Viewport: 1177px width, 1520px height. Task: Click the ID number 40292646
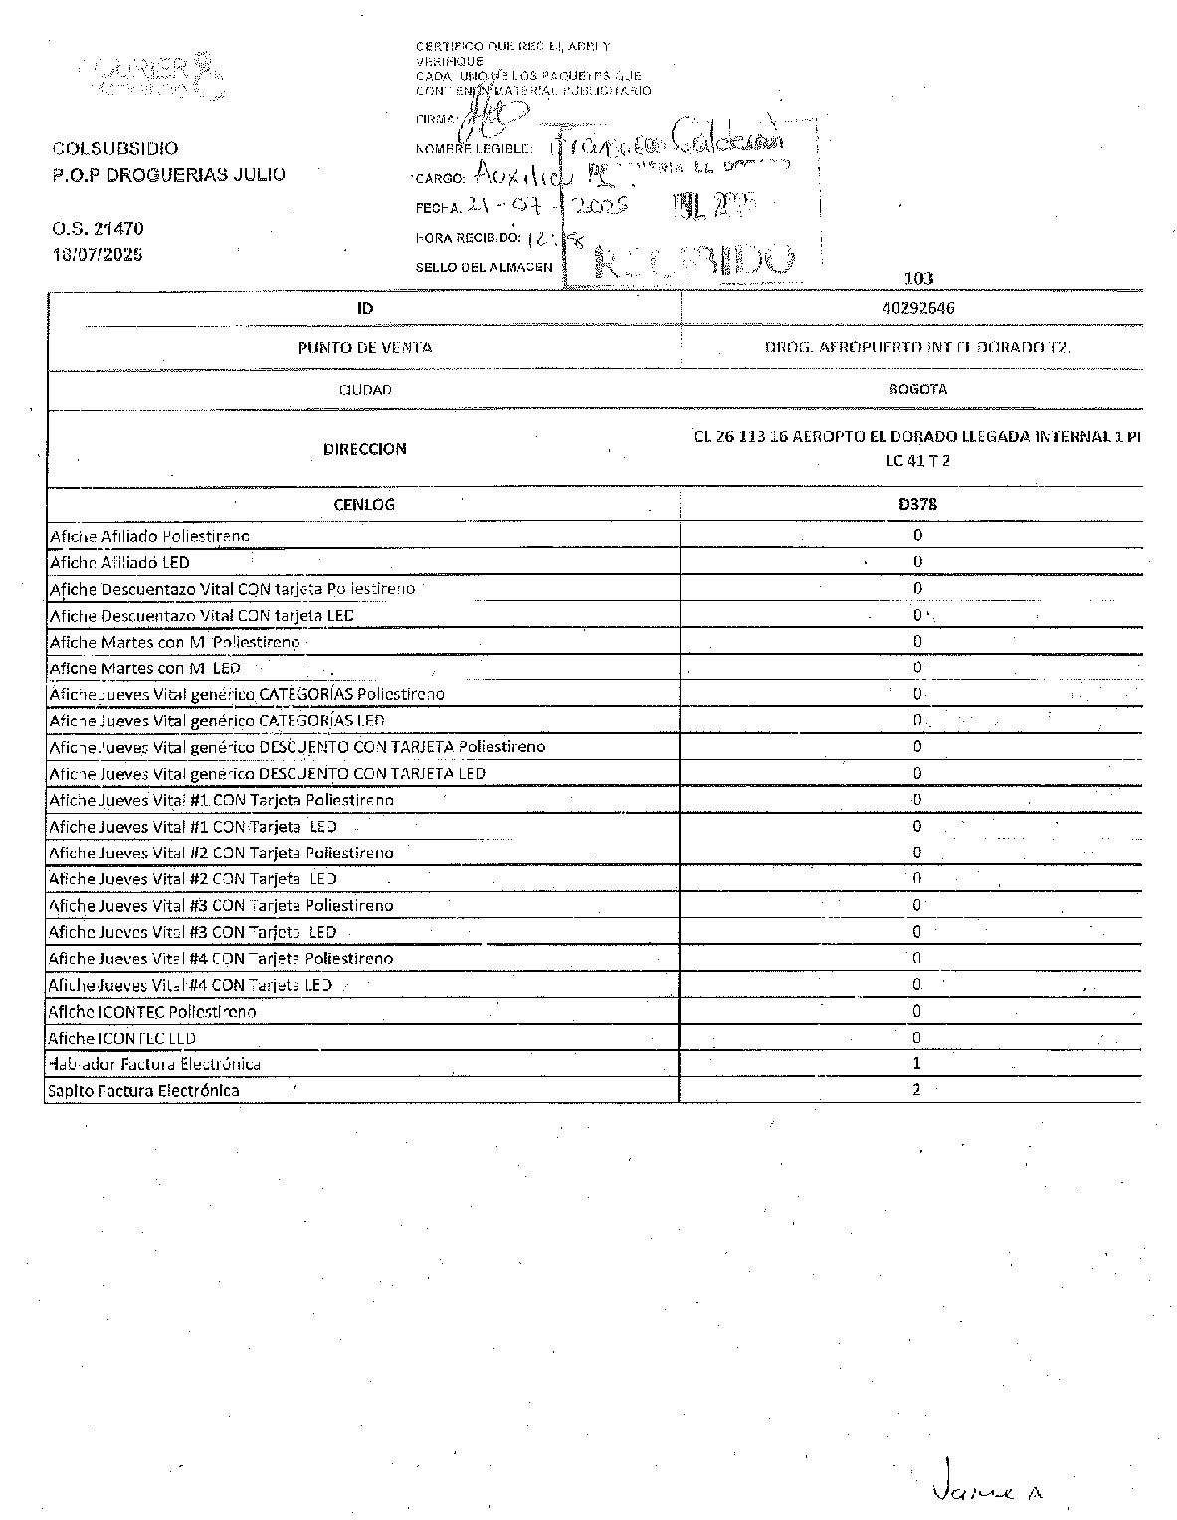pos(917,308)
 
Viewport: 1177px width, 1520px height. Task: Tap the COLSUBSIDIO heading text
pos(115,149)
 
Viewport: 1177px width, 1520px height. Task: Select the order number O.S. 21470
pos(98,229)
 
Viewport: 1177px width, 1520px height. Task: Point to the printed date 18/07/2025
pos(98,254)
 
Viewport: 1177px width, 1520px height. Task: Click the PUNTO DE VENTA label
pos(364,348)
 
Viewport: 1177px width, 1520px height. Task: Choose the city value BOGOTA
pos(917,389)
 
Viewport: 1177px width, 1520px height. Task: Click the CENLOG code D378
pos(917,504)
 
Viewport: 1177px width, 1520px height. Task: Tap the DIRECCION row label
pos(364,449)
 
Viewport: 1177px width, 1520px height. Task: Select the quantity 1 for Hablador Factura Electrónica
pos(917,1063)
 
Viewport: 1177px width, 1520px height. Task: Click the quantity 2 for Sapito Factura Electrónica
pos(917,1089)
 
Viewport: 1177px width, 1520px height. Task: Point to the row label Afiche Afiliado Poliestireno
pos(149,537)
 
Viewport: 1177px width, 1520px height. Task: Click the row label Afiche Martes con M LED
pos(144,668)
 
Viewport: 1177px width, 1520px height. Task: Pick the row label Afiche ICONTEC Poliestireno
pos(152,1012)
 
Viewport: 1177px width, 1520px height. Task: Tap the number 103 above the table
pos(918,279)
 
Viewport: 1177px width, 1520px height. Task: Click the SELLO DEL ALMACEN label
pos(483,267)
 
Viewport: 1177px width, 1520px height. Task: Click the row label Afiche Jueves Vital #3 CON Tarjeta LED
pos(192,932)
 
